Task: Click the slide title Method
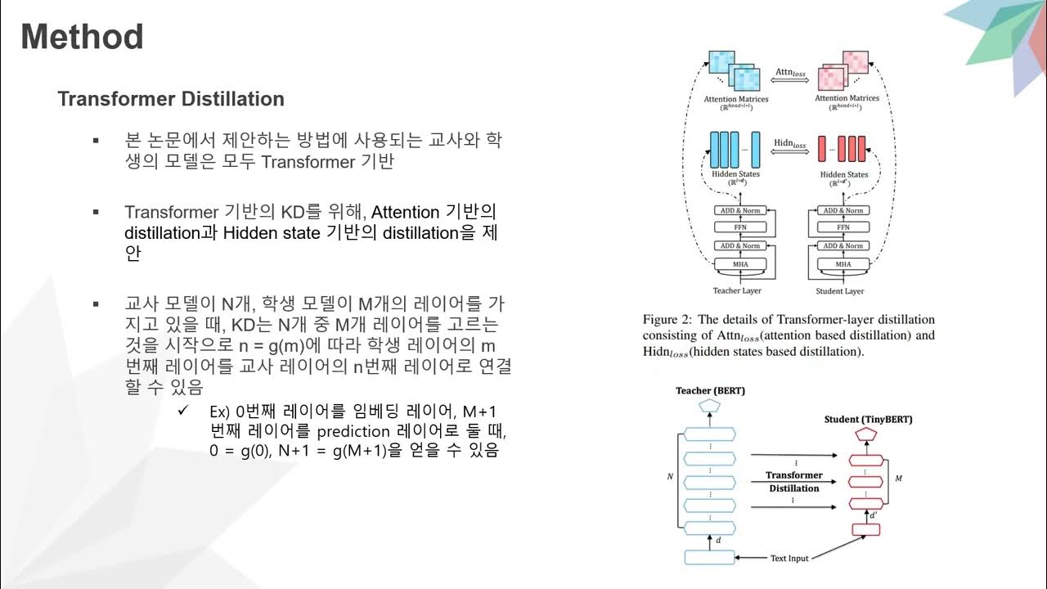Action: (x=82, y=38)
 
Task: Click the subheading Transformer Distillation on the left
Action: (x=171, y=99)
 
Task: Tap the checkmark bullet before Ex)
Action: (x=184, y=410)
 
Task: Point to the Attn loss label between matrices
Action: (x=790, y=74)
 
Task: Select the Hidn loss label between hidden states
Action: (x=790, y=143)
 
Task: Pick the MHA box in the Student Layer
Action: (x=843, y=264)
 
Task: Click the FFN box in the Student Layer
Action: (x=843, y=227)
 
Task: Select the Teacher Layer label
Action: (x=736, y=290)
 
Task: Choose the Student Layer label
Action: (x=840, y=290)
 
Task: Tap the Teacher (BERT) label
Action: (x=710, y=391)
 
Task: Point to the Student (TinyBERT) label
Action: (x=868, y=420)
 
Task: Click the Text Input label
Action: (x=789, y=558)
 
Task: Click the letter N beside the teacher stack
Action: (x=671, y=474)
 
